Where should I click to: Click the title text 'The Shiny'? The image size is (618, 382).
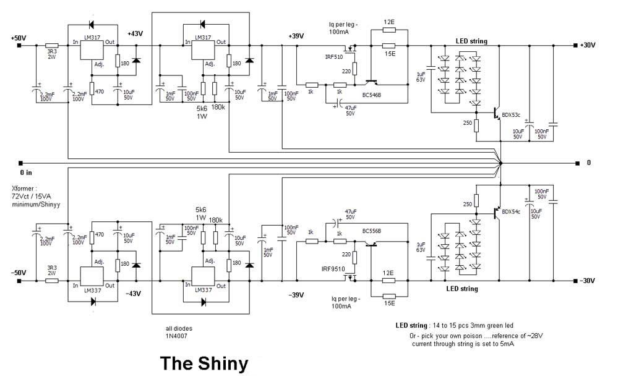(x=204, y=363)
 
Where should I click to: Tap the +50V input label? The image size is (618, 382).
(x=19, y=38)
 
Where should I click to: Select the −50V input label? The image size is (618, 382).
(x=19, y=273)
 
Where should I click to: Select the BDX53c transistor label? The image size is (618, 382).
(x=512, y=114)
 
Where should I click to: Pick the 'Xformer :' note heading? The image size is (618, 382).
(x=25, y=189)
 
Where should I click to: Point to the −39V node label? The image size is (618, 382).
(x=296, y=295)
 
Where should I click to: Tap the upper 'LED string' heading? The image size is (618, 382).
(x=471, y=41)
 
